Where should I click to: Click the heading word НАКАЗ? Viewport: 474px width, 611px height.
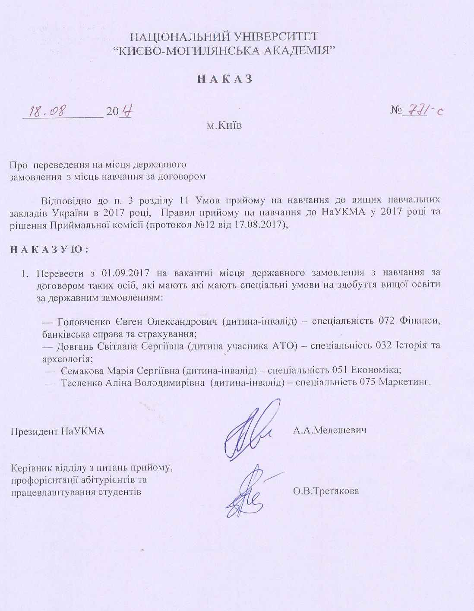point(224,79)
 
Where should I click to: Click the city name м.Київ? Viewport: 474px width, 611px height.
point(224,126)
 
